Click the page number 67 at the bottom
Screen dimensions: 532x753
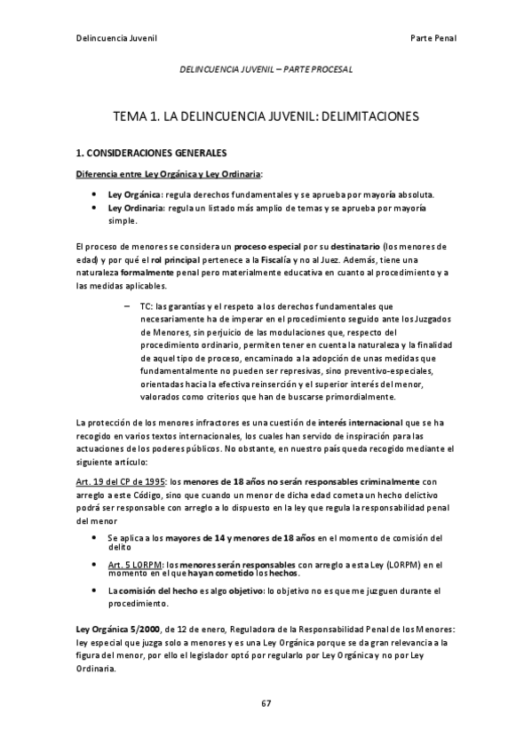[x=266, y=703]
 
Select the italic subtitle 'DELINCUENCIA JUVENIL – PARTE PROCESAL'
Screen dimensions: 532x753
[x=266, y=67]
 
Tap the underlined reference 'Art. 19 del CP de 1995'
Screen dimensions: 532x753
[x=120, y=480]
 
